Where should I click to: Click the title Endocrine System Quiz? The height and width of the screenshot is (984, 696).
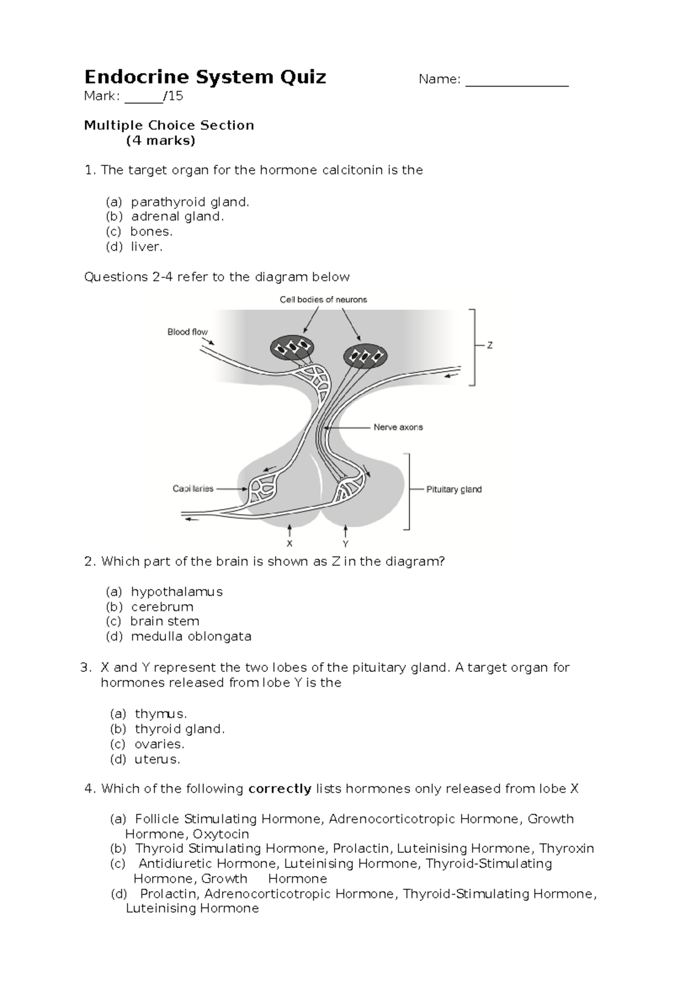pos(205,77)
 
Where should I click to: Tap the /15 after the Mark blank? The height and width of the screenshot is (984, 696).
pos(173,96)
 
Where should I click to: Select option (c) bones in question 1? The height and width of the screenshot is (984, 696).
pos(151,231)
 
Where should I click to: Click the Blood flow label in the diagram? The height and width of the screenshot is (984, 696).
pos(187,332)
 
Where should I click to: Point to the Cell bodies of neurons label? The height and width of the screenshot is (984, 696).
pos(323,300)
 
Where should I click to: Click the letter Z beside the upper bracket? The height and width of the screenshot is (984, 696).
pos(490,345)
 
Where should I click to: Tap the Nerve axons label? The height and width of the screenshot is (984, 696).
pos(398,427)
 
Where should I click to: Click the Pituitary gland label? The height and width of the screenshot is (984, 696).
pos(454,489)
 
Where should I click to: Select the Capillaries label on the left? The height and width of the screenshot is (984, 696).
pos(193,489)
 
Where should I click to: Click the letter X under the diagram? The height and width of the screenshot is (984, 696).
pos(289,544)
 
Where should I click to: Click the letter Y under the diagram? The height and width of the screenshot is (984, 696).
pos(346,544)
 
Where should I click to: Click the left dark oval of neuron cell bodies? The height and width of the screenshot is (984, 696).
pos(292,349)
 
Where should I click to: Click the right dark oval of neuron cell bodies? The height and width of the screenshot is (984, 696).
pos(365,356)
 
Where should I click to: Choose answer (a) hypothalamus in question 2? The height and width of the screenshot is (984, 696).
pos(176,592)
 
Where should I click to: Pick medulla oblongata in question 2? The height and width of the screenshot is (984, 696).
pos(191,636)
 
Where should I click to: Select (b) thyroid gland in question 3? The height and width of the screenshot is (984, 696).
pos(179,729)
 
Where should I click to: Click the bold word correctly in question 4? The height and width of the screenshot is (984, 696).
pos(280,788)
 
